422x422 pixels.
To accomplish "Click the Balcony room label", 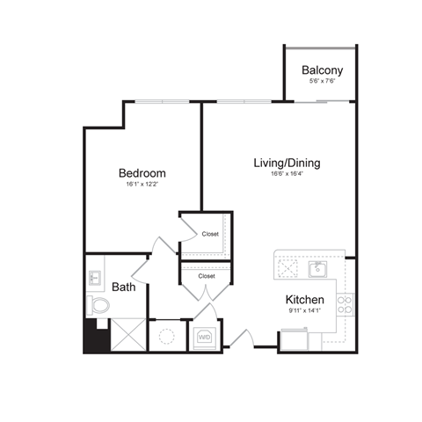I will tap(322, 70).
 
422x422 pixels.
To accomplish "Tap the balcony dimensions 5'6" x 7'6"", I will tap(322, 82).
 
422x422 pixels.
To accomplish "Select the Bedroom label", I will tap(142, 173).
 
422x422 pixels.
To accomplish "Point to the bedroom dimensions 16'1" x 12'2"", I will tap(142, 185).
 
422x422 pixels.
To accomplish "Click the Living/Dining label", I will tap(286, 163).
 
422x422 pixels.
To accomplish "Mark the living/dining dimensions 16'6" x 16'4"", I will tap(286, 174).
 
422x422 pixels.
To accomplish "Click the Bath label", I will tap(122, 287).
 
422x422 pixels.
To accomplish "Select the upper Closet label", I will tap(210, 234).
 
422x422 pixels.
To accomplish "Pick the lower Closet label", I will tap(207, 275).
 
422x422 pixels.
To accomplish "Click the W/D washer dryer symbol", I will tap(204, 336).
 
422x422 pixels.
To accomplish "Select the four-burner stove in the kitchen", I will tap(346, 304).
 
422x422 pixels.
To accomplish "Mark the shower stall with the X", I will tap(127, 336).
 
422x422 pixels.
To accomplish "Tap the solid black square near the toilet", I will tap(93, 336).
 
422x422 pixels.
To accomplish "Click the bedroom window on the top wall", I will tap(162, 102).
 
